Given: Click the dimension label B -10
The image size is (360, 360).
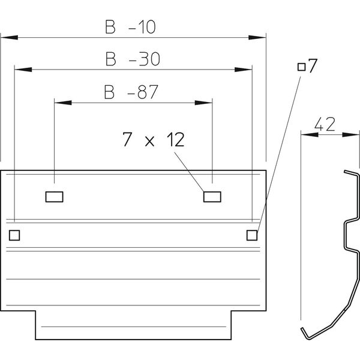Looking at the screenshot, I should pyautogui.click(x=131, y=26).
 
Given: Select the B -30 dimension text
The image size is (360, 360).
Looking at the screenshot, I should pyautogui.click(x=131, y=59).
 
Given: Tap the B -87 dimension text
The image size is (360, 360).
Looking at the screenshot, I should pyautogui.click(x=130, y=92).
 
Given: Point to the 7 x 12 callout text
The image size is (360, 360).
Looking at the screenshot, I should pyautogui.click(x=152, y=140).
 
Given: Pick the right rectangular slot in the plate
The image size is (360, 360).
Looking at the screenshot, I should pyautogui.click(x=211, y=196).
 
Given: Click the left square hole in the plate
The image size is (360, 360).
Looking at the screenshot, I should pyautogui.click(x=14, y=235).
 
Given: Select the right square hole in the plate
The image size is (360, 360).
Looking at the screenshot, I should pyautogui.click(x=252, y=235).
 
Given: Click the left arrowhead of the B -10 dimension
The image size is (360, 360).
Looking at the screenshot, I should pyautogui.click(x=7, y=38).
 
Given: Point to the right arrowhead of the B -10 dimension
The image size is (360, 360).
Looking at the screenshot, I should pyautogui.click(x=258, y=38).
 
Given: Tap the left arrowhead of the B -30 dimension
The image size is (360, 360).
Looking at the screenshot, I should pyautogui.click(x=22, y=70).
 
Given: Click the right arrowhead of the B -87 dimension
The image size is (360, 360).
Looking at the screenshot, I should pyautogui.click(x=205, y=103).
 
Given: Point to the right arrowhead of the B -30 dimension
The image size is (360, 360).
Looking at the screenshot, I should pyautogui.click(x=244, y=70).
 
